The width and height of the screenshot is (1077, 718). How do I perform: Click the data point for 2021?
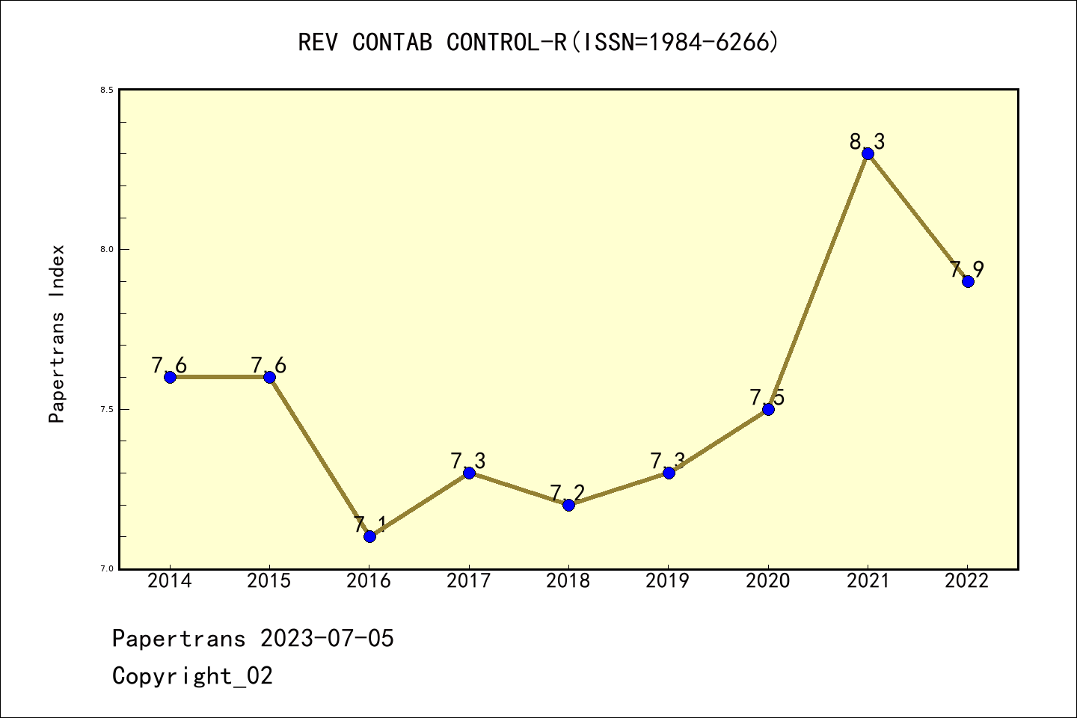pyautogui.click(x=868, y=153)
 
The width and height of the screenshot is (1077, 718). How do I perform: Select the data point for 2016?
pyautogui.click(x=369, y=536)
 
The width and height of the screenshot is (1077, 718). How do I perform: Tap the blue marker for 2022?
pyautogui.click(x=968, y=281)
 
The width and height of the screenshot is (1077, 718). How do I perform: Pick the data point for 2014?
pyautogui.click(x=170, y=377)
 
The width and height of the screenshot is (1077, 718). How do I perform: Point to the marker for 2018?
pyautogui.click(x=568, y=505)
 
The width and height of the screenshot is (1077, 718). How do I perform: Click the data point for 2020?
pyautogui.click(x=768, y=409)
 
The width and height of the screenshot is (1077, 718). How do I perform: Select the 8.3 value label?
pyautogui.click(x=867, y=141)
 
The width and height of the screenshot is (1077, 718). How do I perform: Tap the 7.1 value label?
pyautogui.click(x=369, y=524)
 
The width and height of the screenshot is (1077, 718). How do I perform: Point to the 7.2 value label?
pyautogui.click(x=568, y=493)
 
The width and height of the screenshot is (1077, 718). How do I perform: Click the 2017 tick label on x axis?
pyautogui.click(x=469, y=581)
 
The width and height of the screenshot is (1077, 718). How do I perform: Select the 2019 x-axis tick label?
pyautogui.click(x=668, y=581)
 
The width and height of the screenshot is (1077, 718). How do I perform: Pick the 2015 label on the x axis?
pyautogui.click(x=269, y=581)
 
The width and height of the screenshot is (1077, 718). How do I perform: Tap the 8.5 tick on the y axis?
pyautogui.click(x=107, y=90)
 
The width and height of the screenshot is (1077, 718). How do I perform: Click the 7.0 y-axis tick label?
pyautogui.click(x=107, y=569)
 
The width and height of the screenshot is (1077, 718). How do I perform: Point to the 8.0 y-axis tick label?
pyautogui.click(x=107, y=250)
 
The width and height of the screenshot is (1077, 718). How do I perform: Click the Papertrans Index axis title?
pyautogui.click(x=57, y=334)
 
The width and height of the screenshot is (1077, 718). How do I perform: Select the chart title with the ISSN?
pyautogui.click(x=538, y=43)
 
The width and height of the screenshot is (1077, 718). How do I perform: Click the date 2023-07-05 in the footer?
pyautogui.click(x=327, y=639)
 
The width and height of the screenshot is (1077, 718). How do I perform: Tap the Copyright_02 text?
pyautogui.click(x=192, y=676)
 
